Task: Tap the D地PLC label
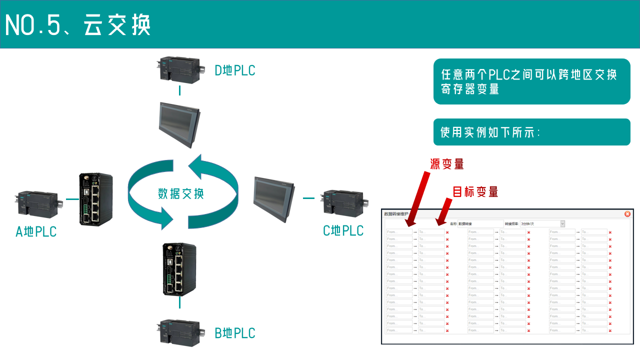click(x=234, y=70)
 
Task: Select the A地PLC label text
click(x=36, y=232)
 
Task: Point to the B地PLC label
click(x=234, y=333)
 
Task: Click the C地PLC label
click(x=343, y=230)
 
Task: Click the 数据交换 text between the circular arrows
click(x=180, y=193)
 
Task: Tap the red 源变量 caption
click(x=447, y=164)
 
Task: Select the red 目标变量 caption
click(x=475, y=191)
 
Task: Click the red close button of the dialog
click(x=627, y=214)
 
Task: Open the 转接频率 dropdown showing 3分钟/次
click(x=542, y=224)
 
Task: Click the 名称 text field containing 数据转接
click(x=480, y=224)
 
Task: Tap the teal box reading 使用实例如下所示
click(x=531, y=132)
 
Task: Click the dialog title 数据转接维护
click(x=396, y=214)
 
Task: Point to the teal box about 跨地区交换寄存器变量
click(x=531, y=82)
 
